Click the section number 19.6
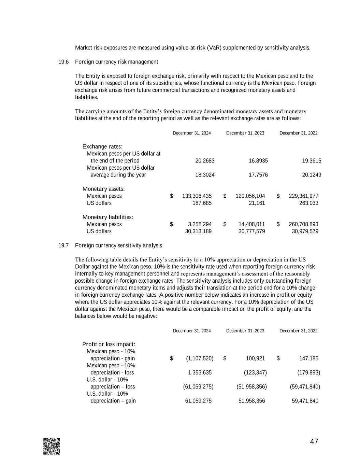pos(63,62)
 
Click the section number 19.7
pos(63,245)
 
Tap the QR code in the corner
pos(52,446)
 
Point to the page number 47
pos(314,442)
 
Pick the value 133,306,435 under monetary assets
pos(197,196)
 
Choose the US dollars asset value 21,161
pos(257,203)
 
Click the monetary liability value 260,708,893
pos(303,224)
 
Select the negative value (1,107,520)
pos(200,358)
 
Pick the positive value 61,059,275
pos(198,401)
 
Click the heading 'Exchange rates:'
pos(102,147)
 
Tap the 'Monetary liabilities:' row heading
pos(108,217)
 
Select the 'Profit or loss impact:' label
pos(109,344)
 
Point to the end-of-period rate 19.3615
pos(312,161)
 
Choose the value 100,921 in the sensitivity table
pos(255,358)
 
